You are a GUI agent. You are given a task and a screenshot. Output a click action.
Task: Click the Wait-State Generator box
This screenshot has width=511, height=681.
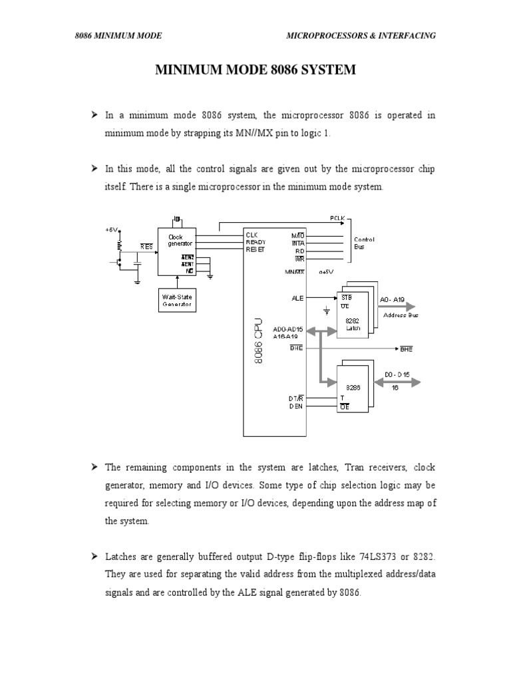point(176,300)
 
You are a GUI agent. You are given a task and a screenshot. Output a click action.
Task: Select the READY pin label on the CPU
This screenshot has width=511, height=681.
point(256,242)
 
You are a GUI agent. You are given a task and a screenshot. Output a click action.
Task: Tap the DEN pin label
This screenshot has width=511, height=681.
point(296,406)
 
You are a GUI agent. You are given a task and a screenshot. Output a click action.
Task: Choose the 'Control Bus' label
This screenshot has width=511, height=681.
point(364,243)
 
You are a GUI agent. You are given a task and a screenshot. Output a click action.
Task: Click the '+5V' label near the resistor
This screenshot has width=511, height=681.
point(110,229)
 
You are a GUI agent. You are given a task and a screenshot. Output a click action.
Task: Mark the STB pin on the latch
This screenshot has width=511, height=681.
point(346,297)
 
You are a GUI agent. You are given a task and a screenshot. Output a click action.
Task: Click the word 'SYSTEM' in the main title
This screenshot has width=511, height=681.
point(323,69)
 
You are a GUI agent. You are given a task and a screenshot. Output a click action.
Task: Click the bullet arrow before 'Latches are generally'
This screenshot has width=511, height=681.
point(94,555)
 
